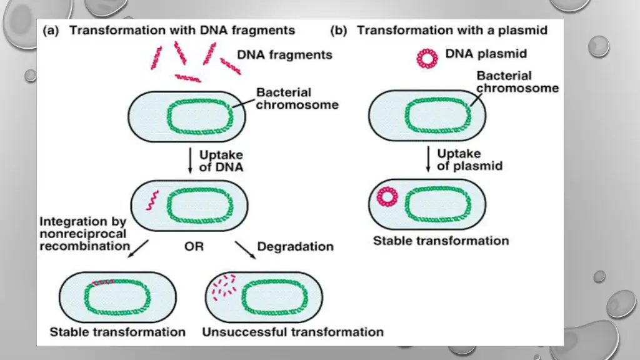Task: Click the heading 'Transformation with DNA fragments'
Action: click(182, 30)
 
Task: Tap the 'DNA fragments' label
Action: click(285, 54)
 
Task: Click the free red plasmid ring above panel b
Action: click(427, 58)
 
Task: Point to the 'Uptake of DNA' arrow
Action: click(189, 161)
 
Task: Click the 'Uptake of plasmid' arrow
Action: click(428, 159)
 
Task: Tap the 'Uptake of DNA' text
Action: click(221, 161)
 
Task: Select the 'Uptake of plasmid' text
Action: click(469, 159)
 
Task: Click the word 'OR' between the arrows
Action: click(194, 247)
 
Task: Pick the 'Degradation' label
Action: click(295, 246)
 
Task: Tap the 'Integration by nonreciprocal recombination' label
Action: click(83, 233)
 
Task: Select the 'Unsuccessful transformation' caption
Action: click(292, 331)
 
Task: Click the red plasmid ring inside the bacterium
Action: click(387, 197)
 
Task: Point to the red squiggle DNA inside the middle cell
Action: click(151, 201)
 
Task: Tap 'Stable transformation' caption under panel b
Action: click(441, 241)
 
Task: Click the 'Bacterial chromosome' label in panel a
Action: click(297, 99)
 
